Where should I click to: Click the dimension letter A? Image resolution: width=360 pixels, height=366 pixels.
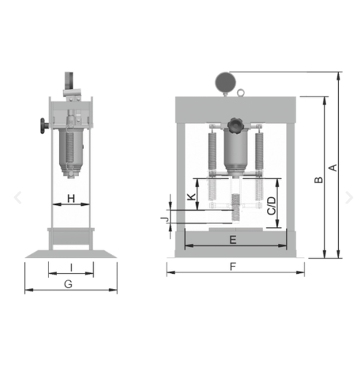click(333, 168)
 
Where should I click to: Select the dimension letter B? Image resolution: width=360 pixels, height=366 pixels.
click(318, 180)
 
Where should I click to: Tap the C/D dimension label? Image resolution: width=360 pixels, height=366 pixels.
click(271, 206)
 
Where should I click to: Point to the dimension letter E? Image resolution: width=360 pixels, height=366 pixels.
click(233, 240)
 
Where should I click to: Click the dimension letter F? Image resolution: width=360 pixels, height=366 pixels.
click(233, 266)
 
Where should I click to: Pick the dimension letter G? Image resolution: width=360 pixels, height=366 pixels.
click(68, 284)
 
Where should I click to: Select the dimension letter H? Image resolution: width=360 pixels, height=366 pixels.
click(71, 198)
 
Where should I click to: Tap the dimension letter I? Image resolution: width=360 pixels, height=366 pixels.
click(71, 268)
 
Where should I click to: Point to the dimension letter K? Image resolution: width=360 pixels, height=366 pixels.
click(192, 197)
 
